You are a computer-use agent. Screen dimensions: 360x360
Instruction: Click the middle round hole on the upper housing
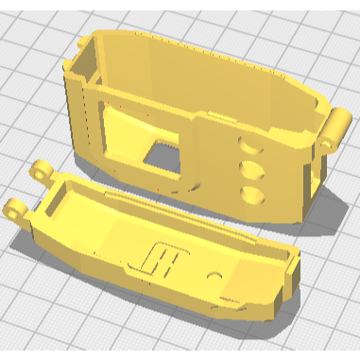coord(252,170)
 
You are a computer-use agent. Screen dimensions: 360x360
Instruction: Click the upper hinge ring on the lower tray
coord(42,172)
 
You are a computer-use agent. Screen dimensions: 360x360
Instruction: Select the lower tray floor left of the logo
coord(104,236)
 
